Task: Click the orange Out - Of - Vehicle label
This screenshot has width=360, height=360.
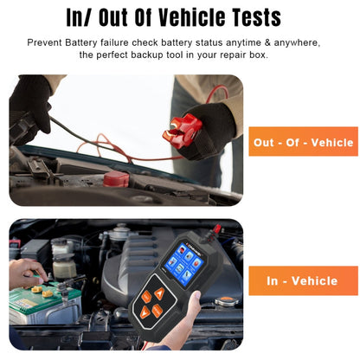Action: [302, 142]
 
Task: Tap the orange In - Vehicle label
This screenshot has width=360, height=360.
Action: [302, 280]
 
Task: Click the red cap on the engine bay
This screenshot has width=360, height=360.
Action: [116, 180]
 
